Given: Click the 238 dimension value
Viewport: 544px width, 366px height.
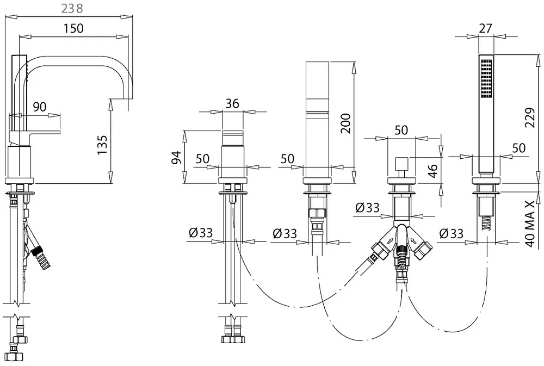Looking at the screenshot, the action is tap(72, 8).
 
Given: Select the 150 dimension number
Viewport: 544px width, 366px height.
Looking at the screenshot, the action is tap(73, 28).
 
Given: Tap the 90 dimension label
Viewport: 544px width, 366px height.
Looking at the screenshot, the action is tap(40, 107).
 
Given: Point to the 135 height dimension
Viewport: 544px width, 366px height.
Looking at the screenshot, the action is tap(102, 145).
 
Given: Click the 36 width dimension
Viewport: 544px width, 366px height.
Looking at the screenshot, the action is tap(232, 103).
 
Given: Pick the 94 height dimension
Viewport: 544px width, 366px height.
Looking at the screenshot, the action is tap(177, 158).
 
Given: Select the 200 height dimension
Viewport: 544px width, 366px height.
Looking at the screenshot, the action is tap(345, 123).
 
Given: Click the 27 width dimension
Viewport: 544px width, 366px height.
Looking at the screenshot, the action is tap(485, 28).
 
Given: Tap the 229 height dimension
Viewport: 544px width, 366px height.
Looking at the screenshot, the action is tap(530, 117).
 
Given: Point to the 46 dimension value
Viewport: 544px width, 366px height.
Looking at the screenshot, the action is tap(433, 171).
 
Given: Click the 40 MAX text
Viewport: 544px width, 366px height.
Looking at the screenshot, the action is tap(530, 224).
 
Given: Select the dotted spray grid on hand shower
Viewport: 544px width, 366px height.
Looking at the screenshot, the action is tap(486, 79).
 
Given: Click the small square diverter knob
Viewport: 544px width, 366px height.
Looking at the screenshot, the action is tap(401, 163).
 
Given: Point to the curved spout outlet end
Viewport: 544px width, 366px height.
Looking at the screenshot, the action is tap(121, 98).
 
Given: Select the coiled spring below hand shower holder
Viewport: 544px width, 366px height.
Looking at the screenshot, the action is tap(486, 223).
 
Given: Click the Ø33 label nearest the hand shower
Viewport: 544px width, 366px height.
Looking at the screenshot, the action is tap(451, 233).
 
